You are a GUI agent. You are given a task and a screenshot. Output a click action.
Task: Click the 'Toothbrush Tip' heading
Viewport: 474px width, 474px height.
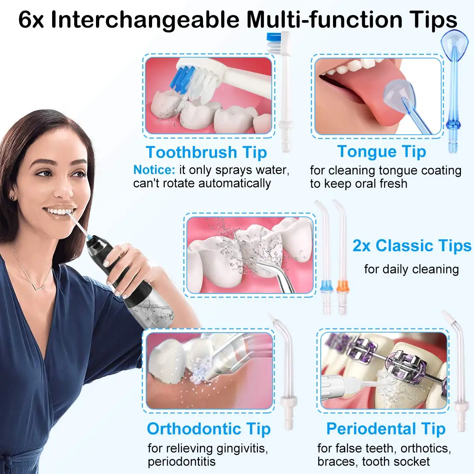pyautogui.click(x=206, y=152)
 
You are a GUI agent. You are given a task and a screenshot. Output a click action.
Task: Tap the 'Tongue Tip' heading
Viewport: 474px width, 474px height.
pyautogui.click(x=382, y=151)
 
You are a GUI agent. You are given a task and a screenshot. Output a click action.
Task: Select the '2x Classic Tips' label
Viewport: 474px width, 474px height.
pyautogui.click(x=412, y=246)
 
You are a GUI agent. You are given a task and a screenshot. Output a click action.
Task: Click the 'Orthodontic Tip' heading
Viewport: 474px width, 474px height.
pyautogui.click(x=209, y=429)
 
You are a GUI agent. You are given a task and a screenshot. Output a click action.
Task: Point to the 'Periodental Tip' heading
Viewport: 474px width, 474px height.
pyautogui.click(x=386, y=429)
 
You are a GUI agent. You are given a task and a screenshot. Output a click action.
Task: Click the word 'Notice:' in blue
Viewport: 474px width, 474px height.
pyautogui.click(x=154, y=170)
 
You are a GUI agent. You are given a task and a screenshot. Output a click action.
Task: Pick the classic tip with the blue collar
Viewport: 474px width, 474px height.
pyautogui.click(x=325, y=285)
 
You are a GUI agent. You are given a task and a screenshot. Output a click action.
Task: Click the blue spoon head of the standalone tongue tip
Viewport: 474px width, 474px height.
pyautogui.click(x=454, y=41)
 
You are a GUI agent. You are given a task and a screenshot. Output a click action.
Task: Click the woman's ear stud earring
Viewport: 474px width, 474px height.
pyautogui.click(x=13, y=198)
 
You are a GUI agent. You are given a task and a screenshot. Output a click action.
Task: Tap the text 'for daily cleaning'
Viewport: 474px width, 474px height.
pyautogui.click(x=411, y=269)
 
